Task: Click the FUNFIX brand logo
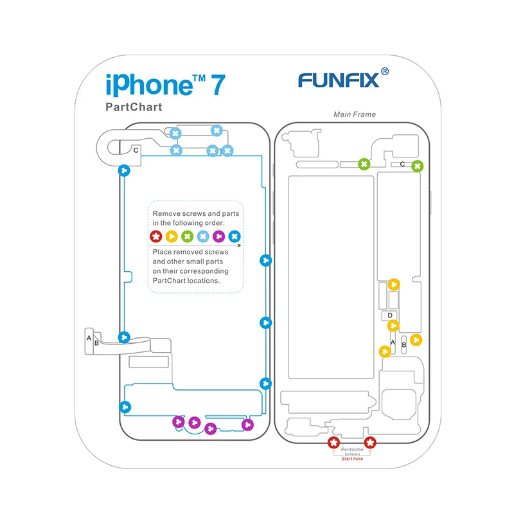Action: pos(338,80)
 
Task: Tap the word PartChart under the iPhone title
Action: pos(134,107)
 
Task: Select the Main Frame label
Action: pos(355,114)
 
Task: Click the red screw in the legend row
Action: pos(155,236)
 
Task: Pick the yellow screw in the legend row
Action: pos(172,236)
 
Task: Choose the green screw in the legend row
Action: pos(187,236)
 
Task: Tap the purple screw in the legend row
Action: pos(218,236)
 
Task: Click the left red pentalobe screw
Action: pos(333,442)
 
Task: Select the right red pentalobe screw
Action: pos(370,442)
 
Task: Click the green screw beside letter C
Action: pos(418,166)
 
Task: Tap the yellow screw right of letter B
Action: pos(416,340)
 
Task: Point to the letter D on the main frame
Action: pos(389,315)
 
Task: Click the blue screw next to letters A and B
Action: pos(125,337)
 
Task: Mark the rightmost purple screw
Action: pos(247,425)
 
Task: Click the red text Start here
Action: pos(352,459)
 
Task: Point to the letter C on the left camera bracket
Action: pos(136,150)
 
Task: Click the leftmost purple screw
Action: pos(179,422)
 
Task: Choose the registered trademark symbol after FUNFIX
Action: pos(385,72)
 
